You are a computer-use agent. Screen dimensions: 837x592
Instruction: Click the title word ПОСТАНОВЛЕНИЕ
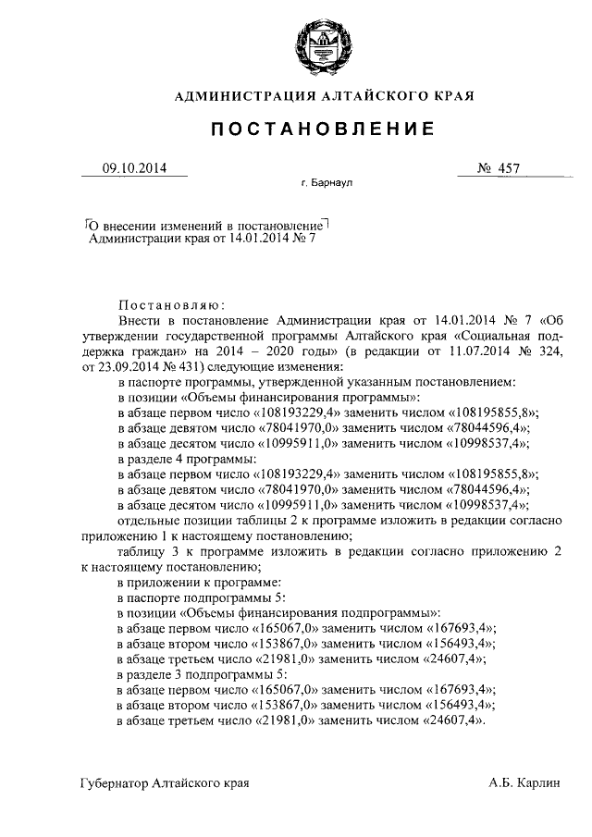pyautogui.click(x=319, y=129)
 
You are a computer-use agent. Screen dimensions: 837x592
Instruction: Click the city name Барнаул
pyautogui.click(x=331, y=184)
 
